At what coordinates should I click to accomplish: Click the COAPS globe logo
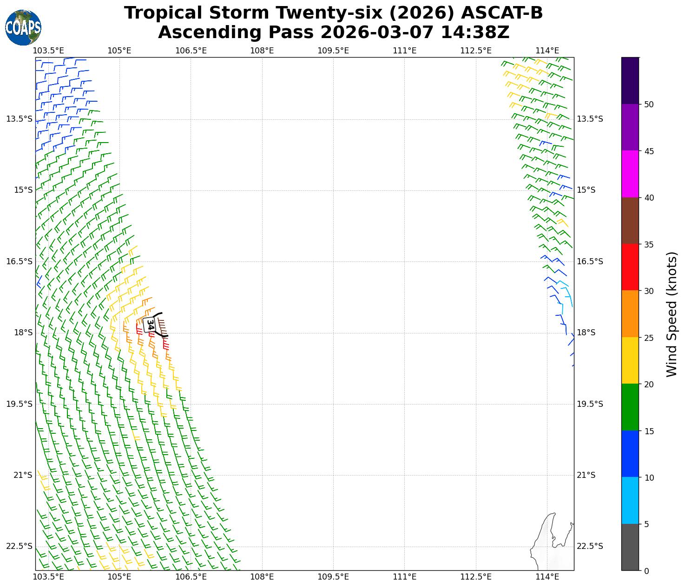pos(23,27)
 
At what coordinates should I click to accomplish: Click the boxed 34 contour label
pos(150,325)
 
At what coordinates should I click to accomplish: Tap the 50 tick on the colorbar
pos(649,104)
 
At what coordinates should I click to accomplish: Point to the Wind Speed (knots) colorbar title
pos(672,314)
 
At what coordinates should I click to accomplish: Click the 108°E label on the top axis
pos(262,51)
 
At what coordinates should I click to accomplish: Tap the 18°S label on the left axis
pos(20,333)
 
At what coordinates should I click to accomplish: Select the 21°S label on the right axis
pos(586,475)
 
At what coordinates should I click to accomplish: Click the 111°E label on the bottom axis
pos(404,577)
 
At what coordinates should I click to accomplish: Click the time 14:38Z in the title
pos(475,33)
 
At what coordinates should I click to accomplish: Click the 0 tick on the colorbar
pos(646,571)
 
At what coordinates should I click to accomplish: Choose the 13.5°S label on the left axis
pos(20,119)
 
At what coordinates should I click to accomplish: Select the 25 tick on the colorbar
pos(649,338)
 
